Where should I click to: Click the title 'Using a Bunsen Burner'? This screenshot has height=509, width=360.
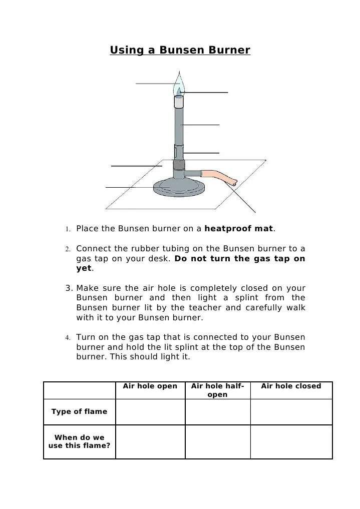(180, 51)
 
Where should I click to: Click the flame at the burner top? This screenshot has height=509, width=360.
(178, 85)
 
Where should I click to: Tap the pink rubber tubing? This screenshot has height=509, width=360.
(219, 177)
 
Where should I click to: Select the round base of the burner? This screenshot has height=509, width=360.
(179, 189)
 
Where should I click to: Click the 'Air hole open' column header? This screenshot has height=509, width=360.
(150, 386)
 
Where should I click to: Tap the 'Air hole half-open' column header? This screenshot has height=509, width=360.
(217, 390)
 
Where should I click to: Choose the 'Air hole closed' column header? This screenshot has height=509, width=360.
(291, 386)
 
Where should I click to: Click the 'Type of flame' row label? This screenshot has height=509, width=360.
(79, 411)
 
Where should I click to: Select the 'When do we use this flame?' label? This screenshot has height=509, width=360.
(79, 441)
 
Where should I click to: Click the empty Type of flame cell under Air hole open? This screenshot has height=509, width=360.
(150, 411)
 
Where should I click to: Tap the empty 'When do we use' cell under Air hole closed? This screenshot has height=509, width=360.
(291, 441)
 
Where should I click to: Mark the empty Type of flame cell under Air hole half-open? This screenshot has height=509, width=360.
(217, 411)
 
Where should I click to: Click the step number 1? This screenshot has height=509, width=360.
(67, 229)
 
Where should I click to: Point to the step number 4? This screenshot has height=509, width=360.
(67, 337)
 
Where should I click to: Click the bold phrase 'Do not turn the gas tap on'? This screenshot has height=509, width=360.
(240, 258)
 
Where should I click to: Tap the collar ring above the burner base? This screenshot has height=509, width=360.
(179, 165)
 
